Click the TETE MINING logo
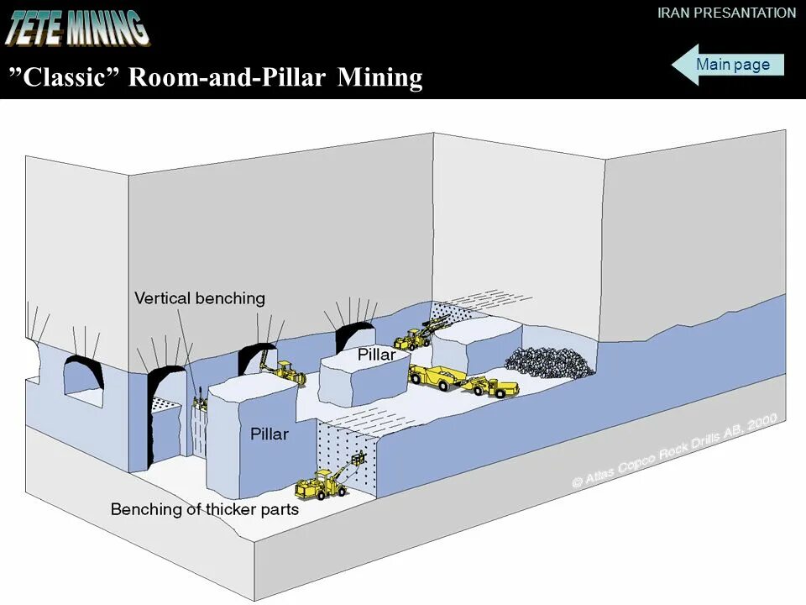[x=77, y=27]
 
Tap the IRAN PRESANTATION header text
[x=726, y=13]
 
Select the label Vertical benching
[x=200, y=298]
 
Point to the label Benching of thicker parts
[x=205, y=509]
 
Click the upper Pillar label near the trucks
[x=376, y=355]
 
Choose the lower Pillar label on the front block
[x=269, y=434]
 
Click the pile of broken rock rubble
[x=551, y=362]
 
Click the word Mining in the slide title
[x=379, y=77]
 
